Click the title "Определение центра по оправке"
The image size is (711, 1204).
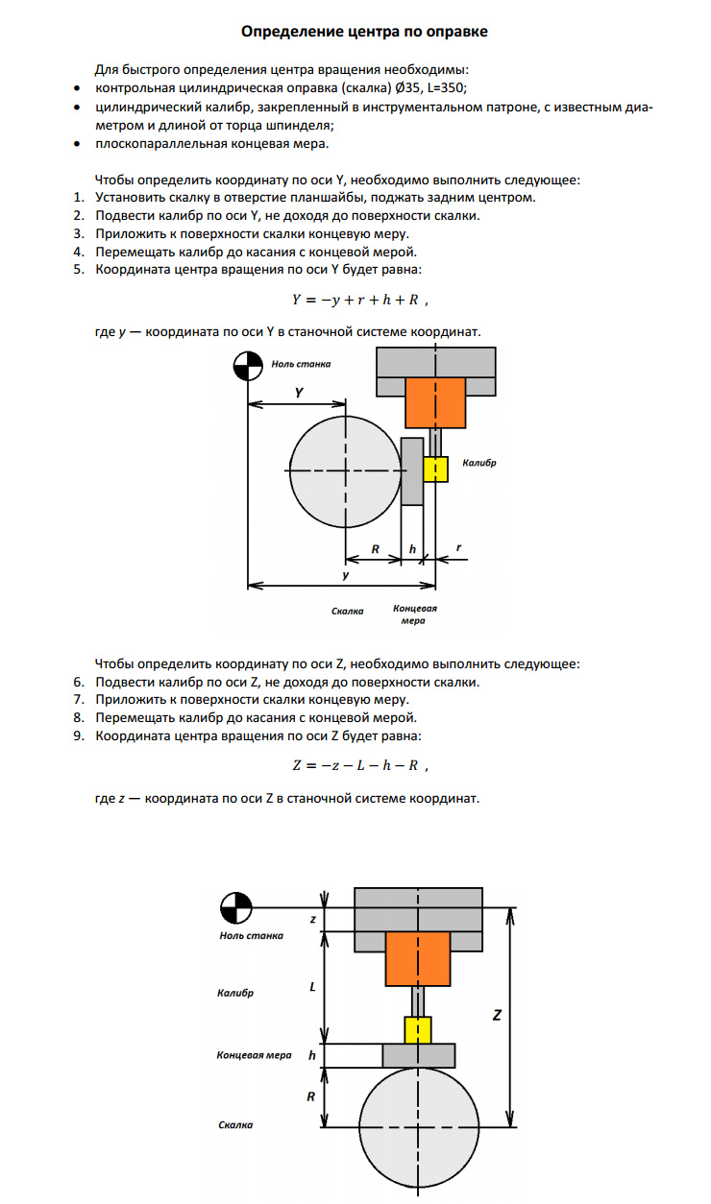pyautogui.click(x=364, y=32)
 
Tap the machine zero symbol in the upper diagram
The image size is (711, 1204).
pyautogui.click(x=248, y=365)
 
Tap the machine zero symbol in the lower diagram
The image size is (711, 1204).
pyautogui.click(x=235, y=905)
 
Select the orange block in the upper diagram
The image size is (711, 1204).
pyautogui.click(x=435, y=402)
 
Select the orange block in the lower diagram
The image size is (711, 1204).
pyautogui.click(x=418, y=958)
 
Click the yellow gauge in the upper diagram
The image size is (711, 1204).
pyautogui.click(x=435, y=469)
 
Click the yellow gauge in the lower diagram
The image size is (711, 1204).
pyautogui.click(x=417, y=1030)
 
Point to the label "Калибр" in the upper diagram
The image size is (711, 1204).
pyautogui.click(x=478, y=463)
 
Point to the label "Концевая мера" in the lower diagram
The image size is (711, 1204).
pyautogui.click(x=254, y=1055)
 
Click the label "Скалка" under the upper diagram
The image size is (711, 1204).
pyautogui.click(x=347, y=611)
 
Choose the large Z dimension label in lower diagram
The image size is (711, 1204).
pyautogui.click(x=497, y=1015)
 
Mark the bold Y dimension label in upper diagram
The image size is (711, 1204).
pyautogui.click(x=299, y=393)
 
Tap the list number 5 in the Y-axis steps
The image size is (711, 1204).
pyautogui.click(x=79, y=270)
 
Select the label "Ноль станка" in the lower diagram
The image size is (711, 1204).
pyautogui.click(x=251, y=935)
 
